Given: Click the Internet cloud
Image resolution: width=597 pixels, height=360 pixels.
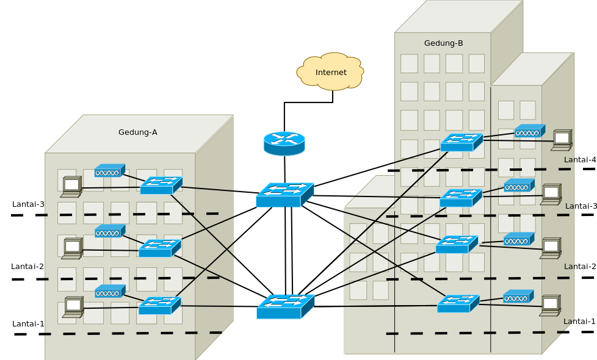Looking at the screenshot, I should coord(330,72).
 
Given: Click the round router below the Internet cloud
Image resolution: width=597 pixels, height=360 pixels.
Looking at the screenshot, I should coord(284,143).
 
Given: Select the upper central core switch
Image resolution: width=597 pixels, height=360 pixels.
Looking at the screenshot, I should coord(284,195).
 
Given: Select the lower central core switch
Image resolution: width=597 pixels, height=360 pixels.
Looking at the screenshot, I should coord(285,306).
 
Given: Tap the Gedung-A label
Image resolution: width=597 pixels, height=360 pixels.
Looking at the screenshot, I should coord(137,132).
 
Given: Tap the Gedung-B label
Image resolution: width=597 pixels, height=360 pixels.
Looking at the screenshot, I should coord(443,43).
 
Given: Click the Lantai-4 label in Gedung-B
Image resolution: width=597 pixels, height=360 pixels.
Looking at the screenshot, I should coord(579,160).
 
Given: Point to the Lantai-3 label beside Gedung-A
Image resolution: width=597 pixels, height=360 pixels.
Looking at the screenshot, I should coord(28,204).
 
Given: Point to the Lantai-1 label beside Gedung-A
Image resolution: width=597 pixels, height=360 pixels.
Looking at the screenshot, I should coord(28,324).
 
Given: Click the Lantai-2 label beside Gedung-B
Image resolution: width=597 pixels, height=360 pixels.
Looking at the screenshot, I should coord(579,267).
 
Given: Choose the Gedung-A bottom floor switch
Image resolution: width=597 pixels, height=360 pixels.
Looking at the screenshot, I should coord(159,306).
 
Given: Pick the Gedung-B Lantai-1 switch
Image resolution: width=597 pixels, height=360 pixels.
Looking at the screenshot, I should coord(458,303).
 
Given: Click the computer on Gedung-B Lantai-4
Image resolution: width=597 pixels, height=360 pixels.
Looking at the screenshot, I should coord(562,140).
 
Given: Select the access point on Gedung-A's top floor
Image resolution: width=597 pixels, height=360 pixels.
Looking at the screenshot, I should coord(109,171).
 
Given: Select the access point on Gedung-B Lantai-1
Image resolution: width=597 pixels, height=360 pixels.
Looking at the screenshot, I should coord(518,297).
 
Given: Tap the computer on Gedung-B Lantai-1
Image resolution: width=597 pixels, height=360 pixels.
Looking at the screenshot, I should coord(550,306).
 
